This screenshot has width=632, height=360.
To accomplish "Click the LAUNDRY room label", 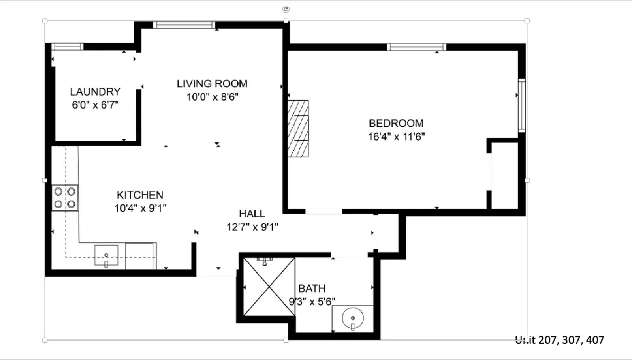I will click(x=95, y=92).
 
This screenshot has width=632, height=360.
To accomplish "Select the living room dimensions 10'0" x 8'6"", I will click(x=212, y=97).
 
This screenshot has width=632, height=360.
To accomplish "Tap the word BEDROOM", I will click(x=396, y=123).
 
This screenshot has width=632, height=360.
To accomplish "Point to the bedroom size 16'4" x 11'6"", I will click(x=396, y=137).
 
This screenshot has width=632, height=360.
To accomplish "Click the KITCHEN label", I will click(x=140, y=195).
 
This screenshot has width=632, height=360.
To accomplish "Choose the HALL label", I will click(x=252, y=214).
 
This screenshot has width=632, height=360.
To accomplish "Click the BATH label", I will click(x=312, y=289).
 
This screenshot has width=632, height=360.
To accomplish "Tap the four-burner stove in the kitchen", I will click(x=65, y=198).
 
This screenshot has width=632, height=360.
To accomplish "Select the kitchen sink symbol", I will click(x=106, y=255).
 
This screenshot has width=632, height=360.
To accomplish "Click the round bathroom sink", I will click(x=353, y=318).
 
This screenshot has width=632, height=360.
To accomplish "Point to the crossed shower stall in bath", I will click(x=269, y=287).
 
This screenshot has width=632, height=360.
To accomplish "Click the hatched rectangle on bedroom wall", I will click(x=298, y=129).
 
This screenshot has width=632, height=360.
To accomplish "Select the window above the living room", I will click(x=184, y=25).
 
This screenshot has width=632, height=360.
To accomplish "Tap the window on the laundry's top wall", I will click(x=67, y=47).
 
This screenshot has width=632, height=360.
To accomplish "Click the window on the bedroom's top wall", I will click(x=416, y=47).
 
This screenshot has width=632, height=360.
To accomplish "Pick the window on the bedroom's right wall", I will click(x=521, y=105).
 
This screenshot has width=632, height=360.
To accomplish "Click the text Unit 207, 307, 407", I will click(x=560, y=340).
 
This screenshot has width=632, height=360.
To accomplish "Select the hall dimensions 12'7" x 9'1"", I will click(x=252, y=227).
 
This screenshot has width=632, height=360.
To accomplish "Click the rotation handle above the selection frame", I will click(x=286, y=9).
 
